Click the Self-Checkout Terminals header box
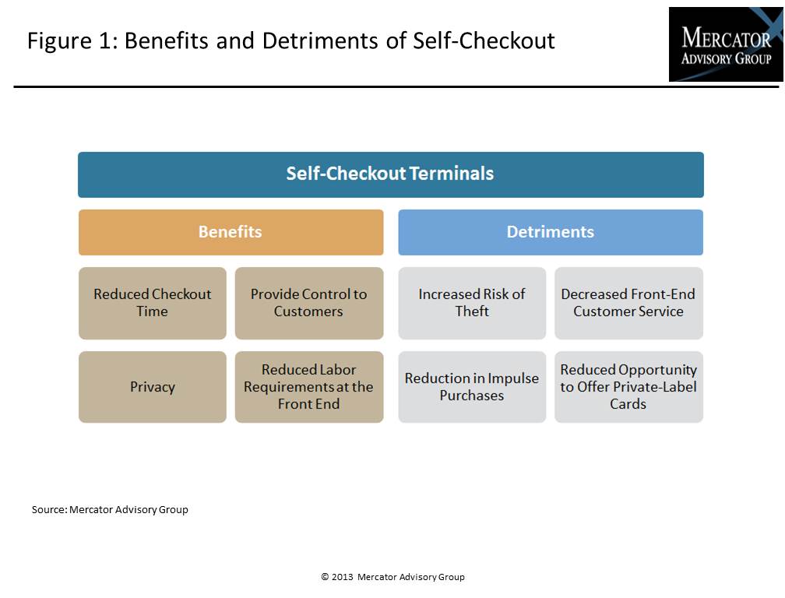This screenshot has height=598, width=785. tap(390, 174)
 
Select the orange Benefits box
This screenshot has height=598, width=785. tap(231, 232)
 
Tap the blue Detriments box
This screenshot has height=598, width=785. tap(551, 232)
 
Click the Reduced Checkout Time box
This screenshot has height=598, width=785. tap(152, 303)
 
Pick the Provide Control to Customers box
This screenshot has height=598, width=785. tap(309, 303)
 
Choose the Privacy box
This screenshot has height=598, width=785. tap(152, 387)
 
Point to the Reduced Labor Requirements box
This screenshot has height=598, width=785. tap(309, 387)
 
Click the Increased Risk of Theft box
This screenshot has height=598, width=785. tap(472, 303)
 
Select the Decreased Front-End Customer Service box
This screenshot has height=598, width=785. tap(628, 303)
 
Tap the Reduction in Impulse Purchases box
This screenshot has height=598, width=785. tap(472, 387)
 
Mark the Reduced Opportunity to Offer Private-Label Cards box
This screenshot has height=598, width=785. tap(628, 387)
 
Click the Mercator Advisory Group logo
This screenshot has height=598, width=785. tap(726, 44)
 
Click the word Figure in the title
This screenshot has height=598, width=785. tap(59, 41)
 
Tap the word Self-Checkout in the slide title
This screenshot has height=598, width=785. tap(484, 40)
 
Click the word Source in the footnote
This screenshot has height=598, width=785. tap(48, 509)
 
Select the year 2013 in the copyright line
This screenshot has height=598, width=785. tap(343, 576)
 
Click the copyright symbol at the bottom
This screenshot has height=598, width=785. tap(325, 576)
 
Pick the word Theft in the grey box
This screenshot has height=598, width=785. tap(472, 311)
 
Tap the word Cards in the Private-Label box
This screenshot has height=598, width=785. tap(628, 404)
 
